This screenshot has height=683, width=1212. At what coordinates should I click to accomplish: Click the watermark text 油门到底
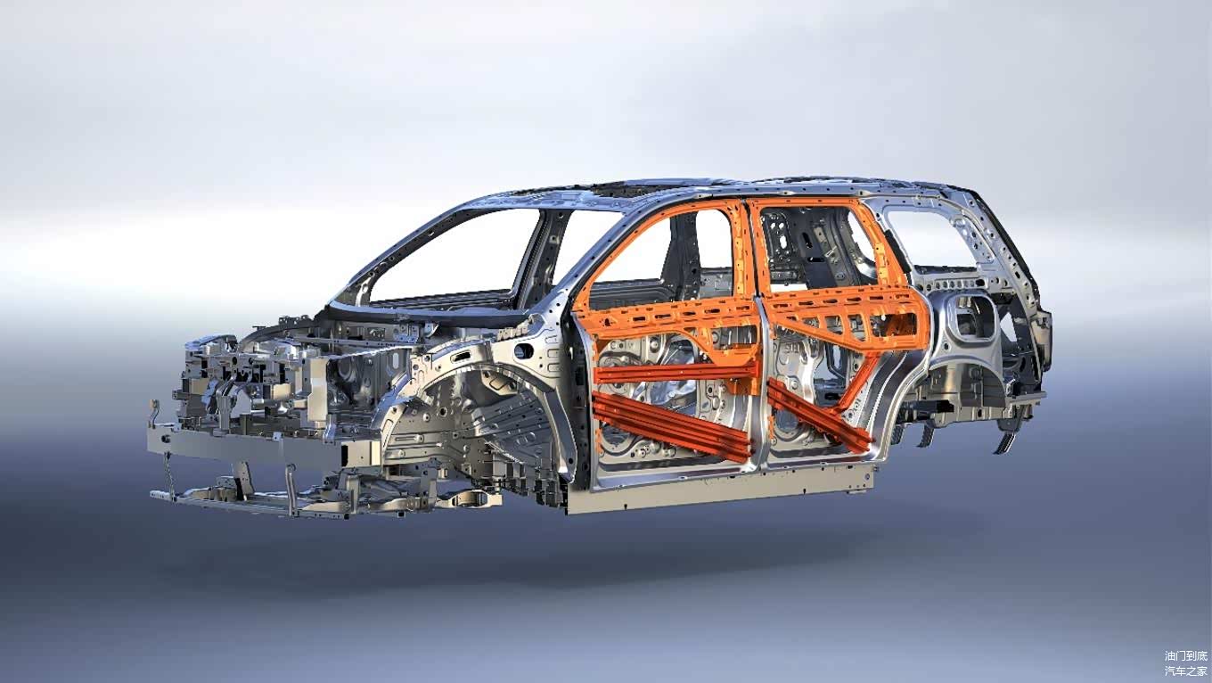click(1185, 656)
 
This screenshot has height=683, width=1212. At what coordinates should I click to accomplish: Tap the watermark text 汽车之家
click(1185, 671)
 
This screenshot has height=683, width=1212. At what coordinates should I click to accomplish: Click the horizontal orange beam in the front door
click(676, 373)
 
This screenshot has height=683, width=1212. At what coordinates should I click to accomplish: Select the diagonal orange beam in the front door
click(671, 426)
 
